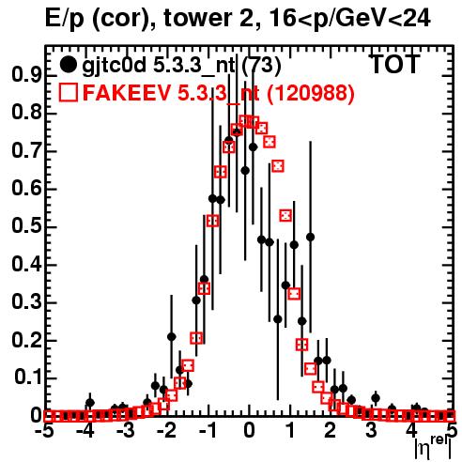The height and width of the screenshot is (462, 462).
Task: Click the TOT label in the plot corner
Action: tap(395, 64)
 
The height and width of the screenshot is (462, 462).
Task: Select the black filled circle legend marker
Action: tap(68, 65)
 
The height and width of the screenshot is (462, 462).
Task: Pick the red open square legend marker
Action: tap(68, 92)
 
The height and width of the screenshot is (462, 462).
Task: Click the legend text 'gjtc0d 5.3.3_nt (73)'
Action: tap(181, 66)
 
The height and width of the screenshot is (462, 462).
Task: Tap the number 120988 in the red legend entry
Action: tap(310, 93)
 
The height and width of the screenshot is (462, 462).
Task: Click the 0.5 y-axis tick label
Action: tap(26, 226)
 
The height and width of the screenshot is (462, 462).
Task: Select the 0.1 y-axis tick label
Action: tap(28, 377)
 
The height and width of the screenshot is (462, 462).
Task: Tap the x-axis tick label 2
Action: tap(331, 430)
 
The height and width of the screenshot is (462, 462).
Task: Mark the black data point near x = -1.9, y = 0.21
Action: tap(171, 337)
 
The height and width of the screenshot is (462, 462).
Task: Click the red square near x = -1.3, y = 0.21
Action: tap(196, 338)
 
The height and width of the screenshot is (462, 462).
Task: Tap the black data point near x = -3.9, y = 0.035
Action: tap(90, 403)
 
